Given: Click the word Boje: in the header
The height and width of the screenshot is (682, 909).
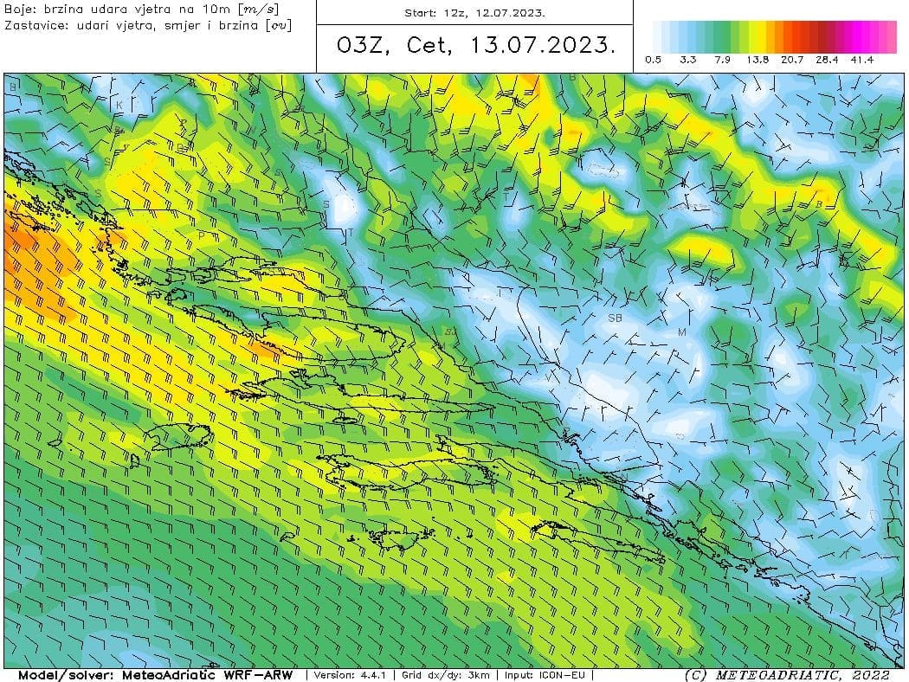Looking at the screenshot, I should pos(19,9).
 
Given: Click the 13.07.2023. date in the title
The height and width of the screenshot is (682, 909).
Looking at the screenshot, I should pos(544,47).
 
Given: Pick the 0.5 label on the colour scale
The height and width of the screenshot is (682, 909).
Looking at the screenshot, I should pos(654,60).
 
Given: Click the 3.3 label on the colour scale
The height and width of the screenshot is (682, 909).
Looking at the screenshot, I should pos(688,60).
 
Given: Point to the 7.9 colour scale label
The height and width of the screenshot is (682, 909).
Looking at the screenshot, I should pos(723,60).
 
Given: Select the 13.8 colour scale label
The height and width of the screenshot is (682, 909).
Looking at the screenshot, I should pos(757,60).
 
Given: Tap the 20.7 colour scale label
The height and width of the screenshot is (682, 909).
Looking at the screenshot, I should pos(793,60).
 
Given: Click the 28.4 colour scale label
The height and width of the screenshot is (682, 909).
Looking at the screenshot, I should pos(828,60).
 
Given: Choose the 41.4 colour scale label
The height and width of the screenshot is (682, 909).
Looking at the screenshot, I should pos(862,60).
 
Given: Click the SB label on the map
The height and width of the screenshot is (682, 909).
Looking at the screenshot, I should pos(616,318).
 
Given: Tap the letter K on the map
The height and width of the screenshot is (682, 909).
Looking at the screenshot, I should pos(119,105).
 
